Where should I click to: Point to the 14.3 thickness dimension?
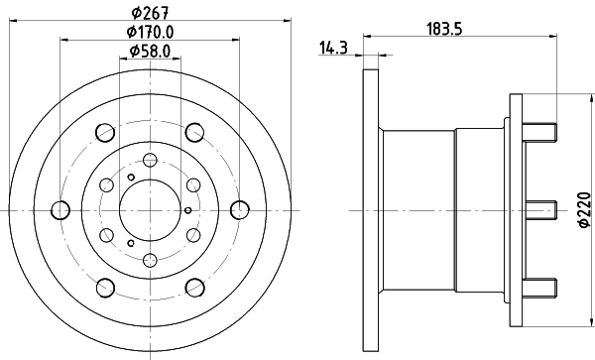tap(332, 45)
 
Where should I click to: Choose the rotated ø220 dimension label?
tap(585, 209)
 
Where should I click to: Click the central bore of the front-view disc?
tap(149, 209)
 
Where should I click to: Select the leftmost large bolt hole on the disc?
tap(59, 209)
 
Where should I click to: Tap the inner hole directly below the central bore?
tap(149, 260)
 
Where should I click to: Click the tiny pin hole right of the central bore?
tap(188, 209)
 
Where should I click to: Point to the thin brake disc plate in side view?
tap(371, 209)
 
